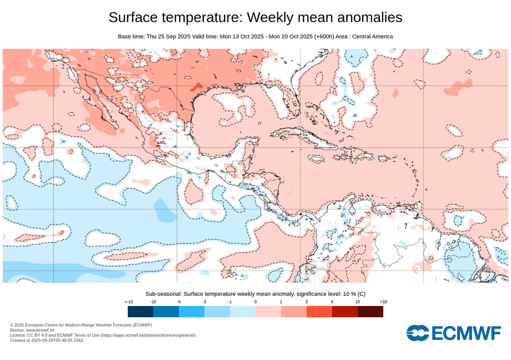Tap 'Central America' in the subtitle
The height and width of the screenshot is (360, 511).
(372, 36)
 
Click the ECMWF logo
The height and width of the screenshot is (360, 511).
(453, 333)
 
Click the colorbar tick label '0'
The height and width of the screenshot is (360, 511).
(255, 302)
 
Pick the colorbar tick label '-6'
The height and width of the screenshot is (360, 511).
(179, 302)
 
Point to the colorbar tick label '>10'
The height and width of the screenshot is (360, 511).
(383, 302)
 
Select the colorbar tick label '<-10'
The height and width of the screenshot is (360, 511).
(128, 302)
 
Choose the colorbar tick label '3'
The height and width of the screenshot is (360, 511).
(306, 302)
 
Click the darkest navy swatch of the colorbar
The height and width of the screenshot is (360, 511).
(140, 312)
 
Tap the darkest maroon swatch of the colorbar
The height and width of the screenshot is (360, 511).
(370, 312)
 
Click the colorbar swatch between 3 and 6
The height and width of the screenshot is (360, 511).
(319, 312)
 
